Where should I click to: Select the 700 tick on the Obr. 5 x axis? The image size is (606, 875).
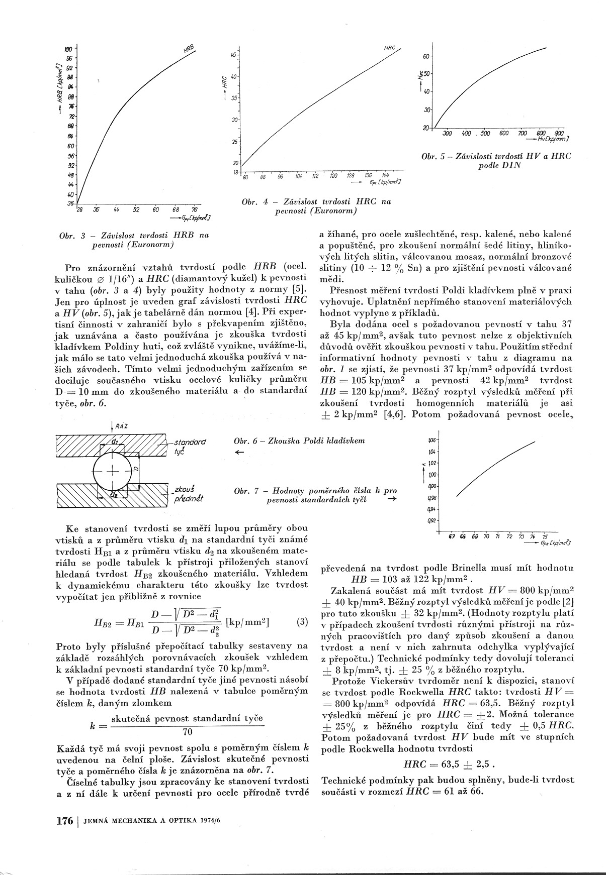523,134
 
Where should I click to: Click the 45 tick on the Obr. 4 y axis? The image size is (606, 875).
233,55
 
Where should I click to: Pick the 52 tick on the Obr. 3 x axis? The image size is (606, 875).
136,209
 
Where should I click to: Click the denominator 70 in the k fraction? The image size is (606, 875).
187,732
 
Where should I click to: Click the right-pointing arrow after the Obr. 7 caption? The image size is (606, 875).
392,499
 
